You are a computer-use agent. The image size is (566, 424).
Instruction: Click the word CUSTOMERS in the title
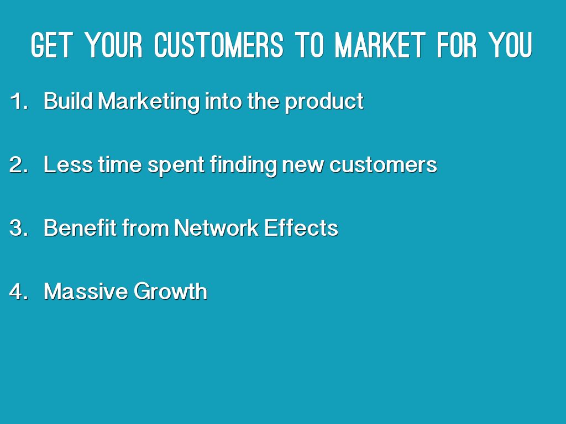click(218, 45)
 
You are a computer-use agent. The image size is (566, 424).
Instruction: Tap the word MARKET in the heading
click(380, 45)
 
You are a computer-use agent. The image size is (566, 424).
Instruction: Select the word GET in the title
click(52, 45)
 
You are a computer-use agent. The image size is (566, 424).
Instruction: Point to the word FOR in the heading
click(457, 45)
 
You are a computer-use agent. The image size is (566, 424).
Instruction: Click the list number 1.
click(19, 100)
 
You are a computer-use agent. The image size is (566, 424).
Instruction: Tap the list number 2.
click(19, 165)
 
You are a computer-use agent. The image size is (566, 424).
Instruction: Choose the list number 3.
click(19, 228)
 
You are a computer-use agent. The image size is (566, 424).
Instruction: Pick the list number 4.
click(19, 291)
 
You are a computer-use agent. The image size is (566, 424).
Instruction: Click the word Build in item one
click(68, 100)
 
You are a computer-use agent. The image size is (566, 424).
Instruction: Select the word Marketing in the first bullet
click(149, 102)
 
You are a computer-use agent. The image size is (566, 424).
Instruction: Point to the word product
click(324, 102)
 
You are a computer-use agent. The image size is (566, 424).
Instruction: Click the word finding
click(243, 166)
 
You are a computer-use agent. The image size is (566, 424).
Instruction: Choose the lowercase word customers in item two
click(383, 165)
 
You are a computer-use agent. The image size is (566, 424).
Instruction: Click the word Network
click(216, 228)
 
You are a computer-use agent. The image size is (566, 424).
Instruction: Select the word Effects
click(301, 228)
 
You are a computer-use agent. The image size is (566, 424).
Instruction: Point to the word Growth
click(170, 291)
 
